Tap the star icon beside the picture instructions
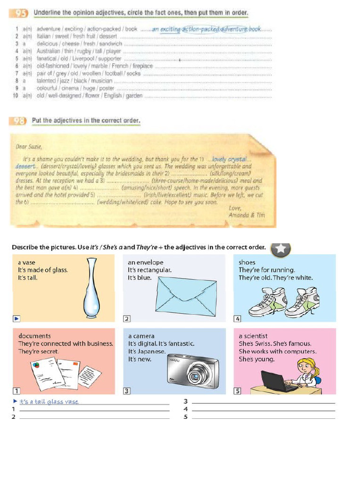click(280, 249)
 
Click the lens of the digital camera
click(194, 376)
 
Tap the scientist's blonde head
click(305, 366)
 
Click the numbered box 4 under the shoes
click(238, 319)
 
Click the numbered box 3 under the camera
click(126, 391)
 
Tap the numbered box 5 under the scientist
click(238, 391)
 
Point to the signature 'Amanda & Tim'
click(247, 215)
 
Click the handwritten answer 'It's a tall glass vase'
click(49, 402)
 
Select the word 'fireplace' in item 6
click(142, 67)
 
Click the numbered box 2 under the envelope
click(126, 319)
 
